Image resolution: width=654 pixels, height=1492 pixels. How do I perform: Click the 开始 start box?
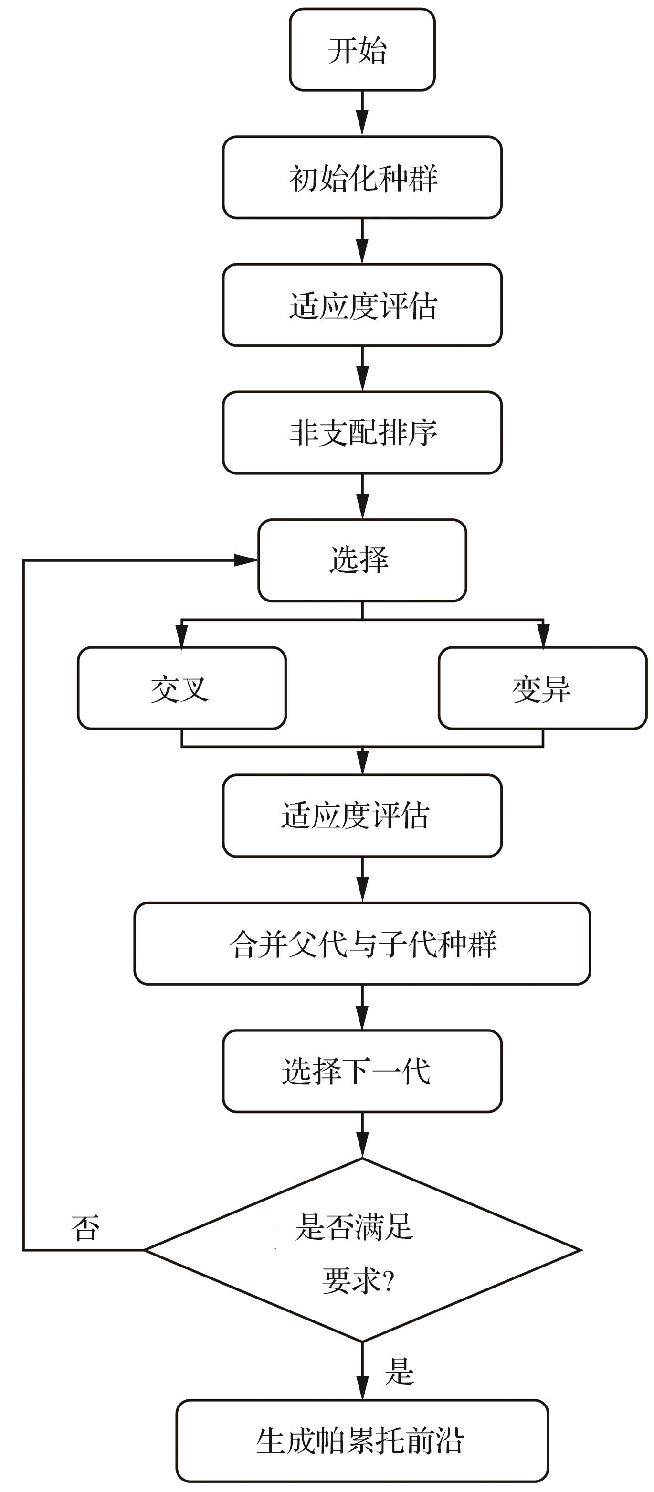362,50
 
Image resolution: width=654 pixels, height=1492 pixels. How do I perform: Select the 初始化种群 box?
362,178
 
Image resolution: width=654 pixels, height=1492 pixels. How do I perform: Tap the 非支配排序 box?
362,433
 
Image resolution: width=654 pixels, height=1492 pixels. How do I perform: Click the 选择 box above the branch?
362,560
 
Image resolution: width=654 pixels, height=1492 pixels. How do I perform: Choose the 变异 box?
542,688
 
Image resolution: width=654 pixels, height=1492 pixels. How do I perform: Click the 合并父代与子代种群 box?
362,944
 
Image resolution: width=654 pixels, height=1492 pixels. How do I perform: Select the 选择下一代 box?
362,1071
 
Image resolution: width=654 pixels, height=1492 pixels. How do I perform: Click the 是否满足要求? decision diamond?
362,1250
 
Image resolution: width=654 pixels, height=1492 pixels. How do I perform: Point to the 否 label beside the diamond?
85,1227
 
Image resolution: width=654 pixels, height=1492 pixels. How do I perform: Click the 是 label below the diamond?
400,1372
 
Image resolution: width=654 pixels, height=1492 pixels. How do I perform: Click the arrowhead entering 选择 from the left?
245,560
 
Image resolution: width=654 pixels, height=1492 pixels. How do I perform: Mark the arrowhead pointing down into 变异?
543,635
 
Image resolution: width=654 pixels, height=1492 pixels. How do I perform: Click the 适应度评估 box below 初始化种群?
362,305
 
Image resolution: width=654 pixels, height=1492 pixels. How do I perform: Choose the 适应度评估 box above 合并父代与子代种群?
362,816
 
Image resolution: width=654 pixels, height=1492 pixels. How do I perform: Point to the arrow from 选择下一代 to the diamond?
362,1135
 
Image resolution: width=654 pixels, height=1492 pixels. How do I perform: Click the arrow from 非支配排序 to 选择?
362,496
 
